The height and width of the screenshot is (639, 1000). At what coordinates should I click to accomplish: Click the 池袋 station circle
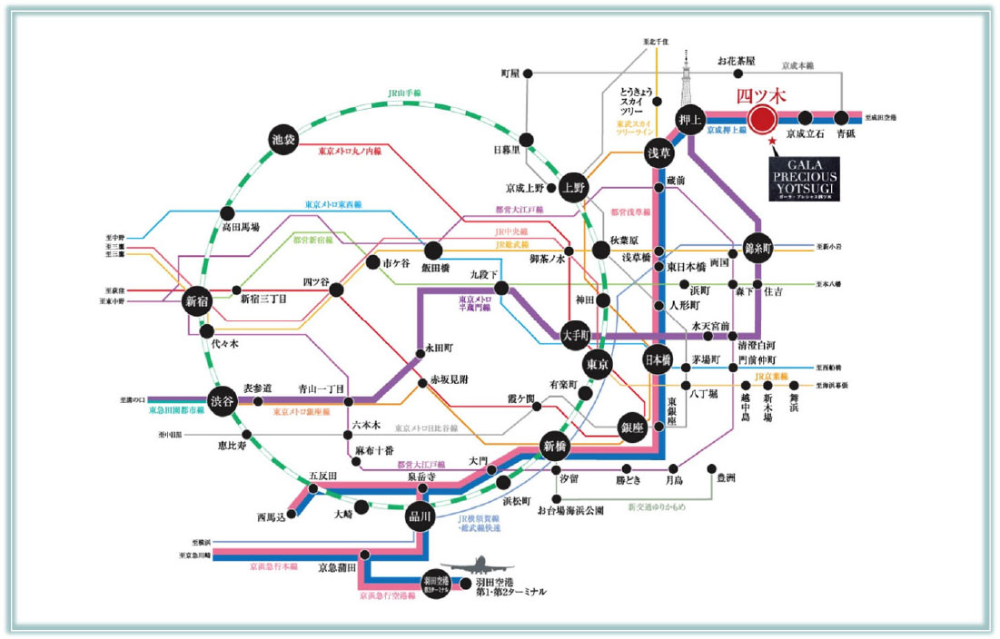click(283, 140)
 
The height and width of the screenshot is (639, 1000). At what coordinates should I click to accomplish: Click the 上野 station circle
click(574, 186)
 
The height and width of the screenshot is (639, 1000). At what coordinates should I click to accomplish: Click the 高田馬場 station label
click(241, 228)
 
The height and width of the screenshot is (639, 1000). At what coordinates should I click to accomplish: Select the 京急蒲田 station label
click(336, 568)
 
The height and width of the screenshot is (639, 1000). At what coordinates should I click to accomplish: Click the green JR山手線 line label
click(404, 93)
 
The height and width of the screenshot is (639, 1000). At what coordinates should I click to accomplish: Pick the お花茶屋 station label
click(736, 62)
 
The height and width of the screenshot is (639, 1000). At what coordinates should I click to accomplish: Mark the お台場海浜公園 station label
click(570, 511)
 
